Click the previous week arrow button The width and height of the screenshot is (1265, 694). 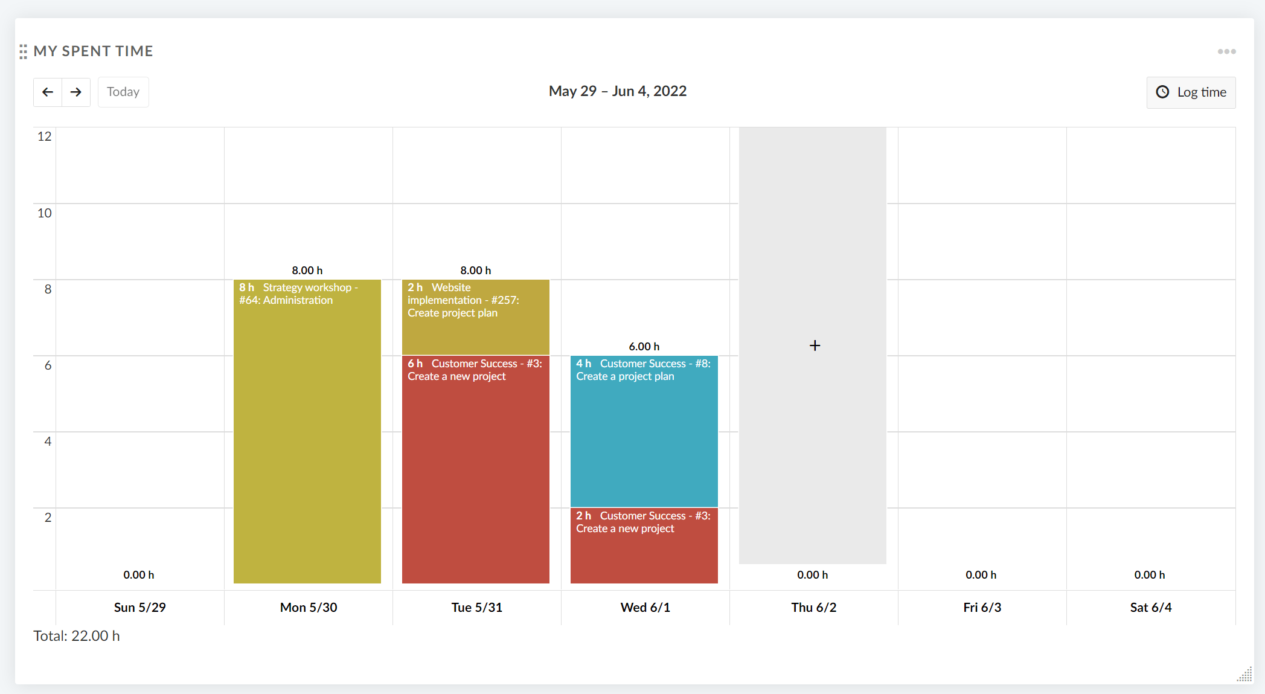point(48,92)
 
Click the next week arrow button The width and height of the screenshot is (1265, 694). point(76,92)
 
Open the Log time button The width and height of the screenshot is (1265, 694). point(1191,92)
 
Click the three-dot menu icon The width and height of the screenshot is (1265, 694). point(1226,51)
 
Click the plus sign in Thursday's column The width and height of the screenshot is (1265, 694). point(815,345)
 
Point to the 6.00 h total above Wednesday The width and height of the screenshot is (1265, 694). point(644,347)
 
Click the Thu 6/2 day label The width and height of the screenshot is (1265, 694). point(813,608)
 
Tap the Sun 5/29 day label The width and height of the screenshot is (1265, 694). point(139,608)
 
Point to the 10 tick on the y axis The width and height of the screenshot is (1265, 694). point(45,213)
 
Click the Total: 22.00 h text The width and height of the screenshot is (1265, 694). point(77,636)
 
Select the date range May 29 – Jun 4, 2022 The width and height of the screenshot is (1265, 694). point(617,91)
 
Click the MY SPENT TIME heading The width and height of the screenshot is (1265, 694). point(94,51)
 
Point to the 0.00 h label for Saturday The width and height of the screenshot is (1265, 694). point(1149,575)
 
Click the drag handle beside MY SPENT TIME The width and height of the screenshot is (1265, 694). point(24,52)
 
